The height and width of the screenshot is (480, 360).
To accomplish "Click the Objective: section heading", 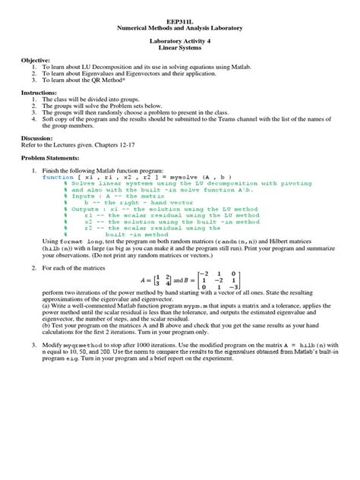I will click(x=36, y=59).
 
